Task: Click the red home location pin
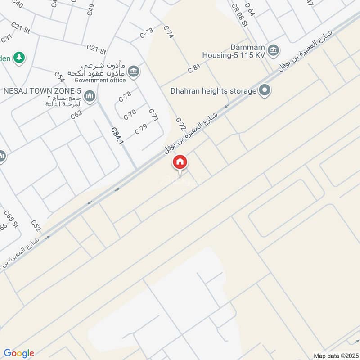(180, 162)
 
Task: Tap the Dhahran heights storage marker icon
(265, 91)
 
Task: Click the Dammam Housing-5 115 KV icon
(272, 51)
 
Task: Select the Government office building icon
(133, 71)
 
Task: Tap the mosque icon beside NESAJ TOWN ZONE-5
(90, 96)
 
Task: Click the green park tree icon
(19, 57)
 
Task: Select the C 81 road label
(194, 69)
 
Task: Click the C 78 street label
(125, 96)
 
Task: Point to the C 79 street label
(141, 129)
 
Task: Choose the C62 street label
(76, 115)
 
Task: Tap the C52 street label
(36, 225)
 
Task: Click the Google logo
(19, 353)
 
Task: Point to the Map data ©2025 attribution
(335, 355)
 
